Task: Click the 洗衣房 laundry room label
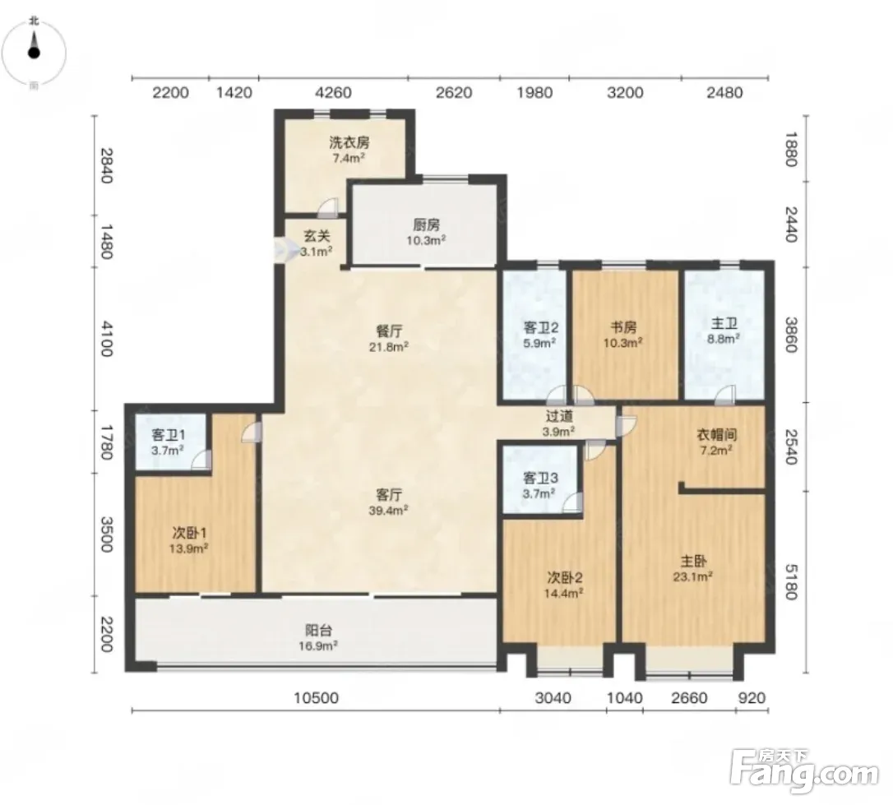point(349,143)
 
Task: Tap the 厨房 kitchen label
point(426,225)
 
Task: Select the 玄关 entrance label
point(317,236)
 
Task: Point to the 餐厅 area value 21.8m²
point(388,347)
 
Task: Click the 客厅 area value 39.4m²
point(388,510)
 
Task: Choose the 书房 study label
point(623,327)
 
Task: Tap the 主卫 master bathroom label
point(724,324)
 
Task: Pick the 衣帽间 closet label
point(717,435)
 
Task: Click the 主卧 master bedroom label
point(693,562)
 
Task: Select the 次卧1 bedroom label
point(189,533)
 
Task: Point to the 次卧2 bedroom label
point(564,578)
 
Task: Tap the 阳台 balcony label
point(318,630)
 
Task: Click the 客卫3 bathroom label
point(540,479)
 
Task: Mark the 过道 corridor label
point(558,417)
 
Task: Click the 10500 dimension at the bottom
point(316,698)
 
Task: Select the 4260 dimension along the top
point(333,92)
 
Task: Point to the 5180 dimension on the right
point(791,582)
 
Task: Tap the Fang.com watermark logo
point(805,770)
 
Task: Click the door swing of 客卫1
point(201,459)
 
